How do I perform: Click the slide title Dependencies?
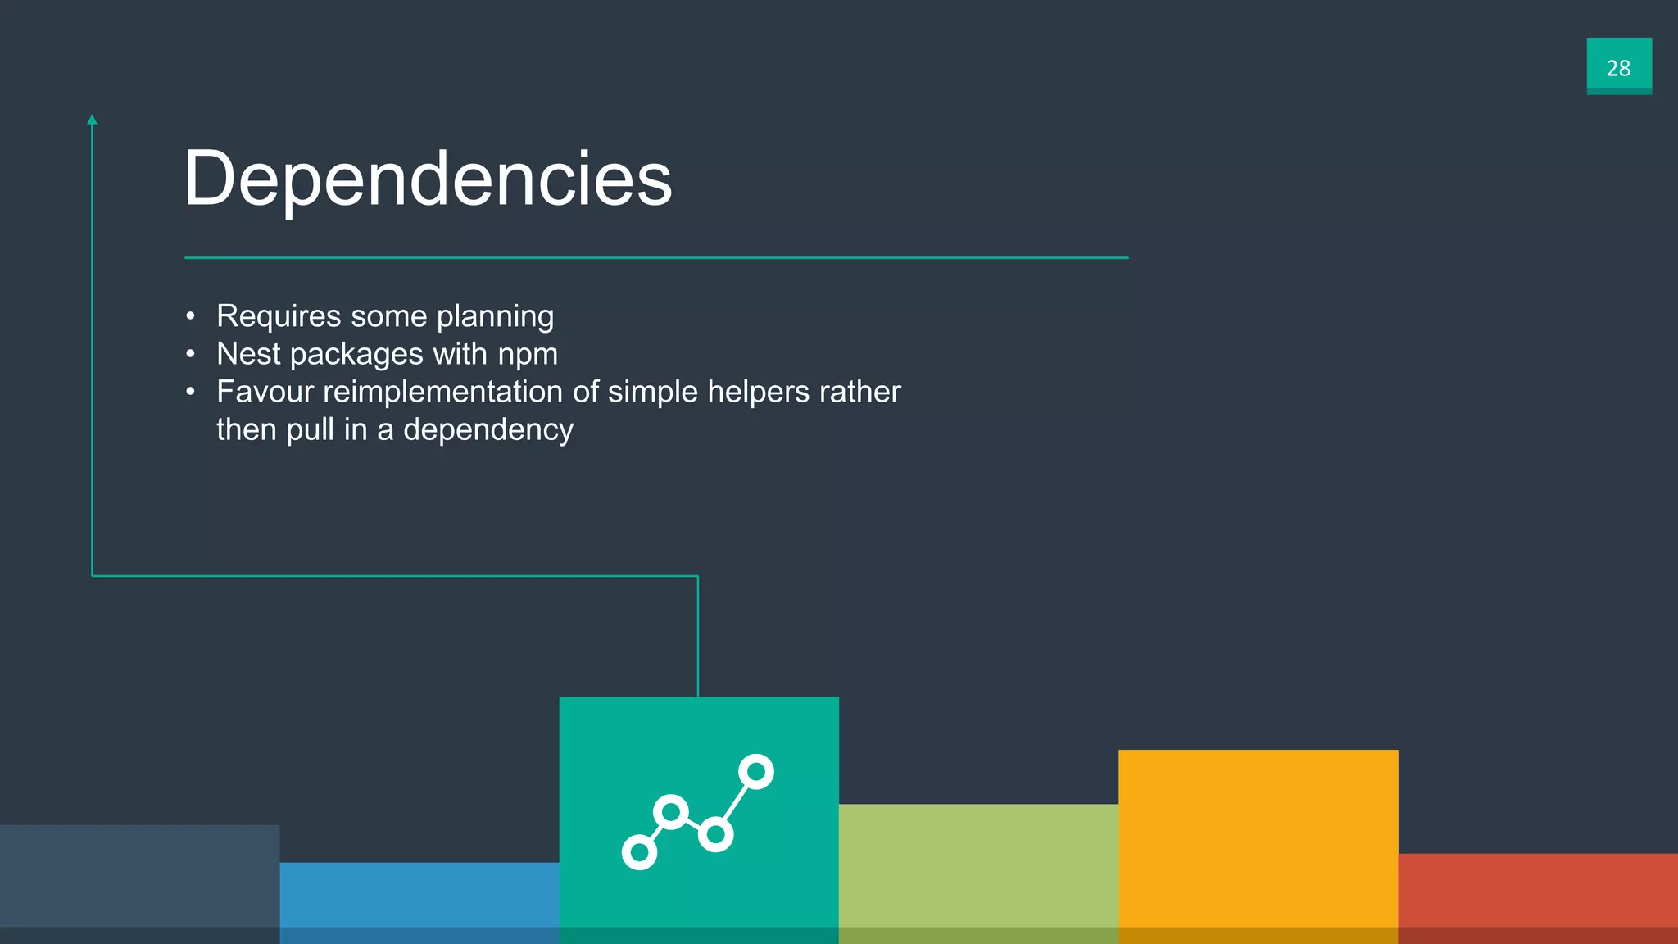(428, 179)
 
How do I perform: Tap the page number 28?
(1618, 67)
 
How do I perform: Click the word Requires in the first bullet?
(279, 316)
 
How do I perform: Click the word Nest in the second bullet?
(248, 354)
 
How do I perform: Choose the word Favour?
(265, 392)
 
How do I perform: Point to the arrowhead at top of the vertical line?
(92, 120)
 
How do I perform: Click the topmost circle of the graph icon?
(756, 772)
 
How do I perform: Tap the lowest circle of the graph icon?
(639, 852)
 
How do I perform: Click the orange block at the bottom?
(1258, 844)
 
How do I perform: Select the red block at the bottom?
(1538, 897)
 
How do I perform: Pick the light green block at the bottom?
(978, 873)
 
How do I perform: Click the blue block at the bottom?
(419, 901)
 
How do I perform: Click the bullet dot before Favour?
(190, 392)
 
